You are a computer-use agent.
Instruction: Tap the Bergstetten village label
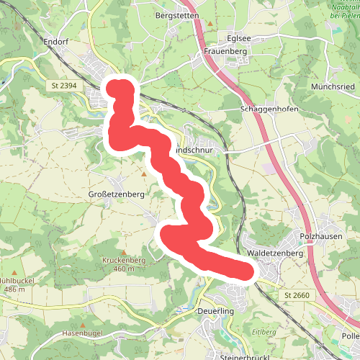click(176, 14)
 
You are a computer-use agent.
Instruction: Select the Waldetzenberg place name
click(275, 253)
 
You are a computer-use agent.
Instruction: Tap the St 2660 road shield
click(297, 295)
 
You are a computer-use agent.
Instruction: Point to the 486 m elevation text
click(13, 289)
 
